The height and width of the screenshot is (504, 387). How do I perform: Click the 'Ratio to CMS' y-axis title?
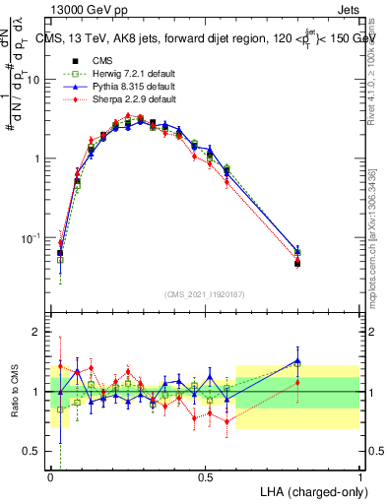point(15,392)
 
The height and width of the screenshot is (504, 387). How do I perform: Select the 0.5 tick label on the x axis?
point(205,476)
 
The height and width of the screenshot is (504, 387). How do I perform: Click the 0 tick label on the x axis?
point(51,476)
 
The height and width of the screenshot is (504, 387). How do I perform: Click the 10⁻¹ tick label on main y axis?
point(33,238)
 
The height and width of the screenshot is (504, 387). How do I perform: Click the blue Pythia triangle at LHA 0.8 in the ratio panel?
point(297,361)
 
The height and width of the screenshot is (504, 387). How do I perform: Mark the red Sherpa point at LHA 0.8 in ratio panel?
point(297,382)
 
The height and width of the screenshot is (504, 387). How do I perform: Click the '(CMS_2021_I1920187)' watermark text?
point(205,293)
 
